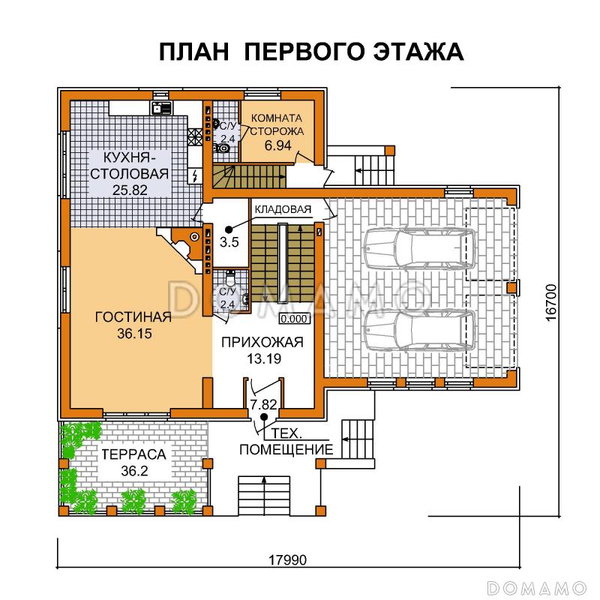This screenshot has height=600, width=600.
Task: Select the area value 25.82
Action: coord(124,189)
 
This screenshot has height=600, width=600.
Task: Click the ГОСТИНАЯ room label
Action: coord(133,316)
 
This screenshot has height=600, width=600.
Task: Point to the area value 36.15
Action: coord(134,334)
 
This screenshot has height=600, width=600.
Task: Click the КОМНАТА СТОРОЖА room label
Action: coord(277,124)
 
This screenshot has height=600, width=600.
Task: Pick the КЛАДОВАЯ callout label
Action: coord(280,209)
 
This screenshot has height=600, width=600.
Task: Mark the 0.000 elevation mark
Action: coord(294,318)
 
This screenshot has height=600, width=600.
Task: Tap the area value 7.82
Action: coord(262,405)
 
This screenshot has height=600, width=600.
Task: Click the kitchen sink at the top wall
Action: coord(157,107)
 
